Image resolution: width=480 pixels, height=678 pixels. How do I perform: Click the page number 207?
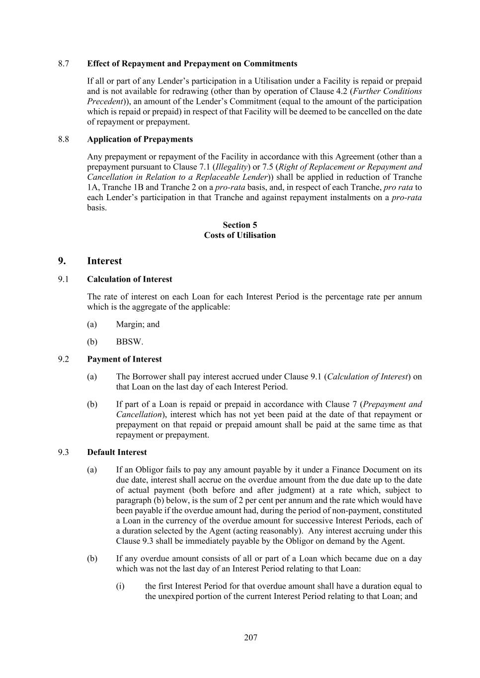(250, 637)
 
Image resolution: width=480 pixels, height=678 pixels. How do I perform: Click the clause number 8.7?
(63, 64)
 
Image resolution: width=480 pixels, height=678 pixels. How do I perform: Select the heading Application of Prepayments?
(140, 139)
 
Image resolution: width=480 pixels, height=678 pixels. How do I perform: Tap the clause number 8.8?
(63, 139)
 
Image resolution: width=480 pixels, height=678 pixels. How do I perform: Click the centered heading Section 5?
(240, 225)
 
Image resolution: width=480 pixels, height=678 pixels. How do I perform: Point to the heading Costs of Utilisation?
(240, 235)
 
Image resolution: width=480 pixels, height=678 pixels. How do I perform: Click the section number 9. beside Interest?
(62, 261)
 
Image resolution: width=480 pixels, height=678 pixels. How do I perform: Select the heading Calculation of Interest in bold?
(129, 279)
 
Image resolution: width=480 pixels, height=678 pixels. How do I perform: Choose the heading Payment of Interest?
(124, 359)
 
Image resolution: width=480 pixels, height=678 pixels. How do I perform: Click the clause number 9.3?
(63, 452)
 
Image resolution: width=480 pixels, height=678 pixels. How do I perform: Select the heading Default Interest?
(117, 452)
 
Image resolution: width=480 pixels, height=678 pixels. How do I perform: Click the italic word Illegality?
(230, 167)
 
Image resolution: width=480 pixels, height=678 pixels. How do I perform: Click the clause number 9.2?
(63, 359)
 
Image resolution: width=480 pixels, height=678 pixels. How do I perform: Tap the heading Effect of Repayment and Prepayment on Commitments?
(192, 64)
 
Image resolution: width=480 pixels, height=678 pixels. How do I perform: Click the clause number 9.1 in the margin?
(63, 279)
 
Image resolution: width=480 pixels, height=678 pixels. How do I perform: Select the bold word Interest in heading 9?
(104, 261)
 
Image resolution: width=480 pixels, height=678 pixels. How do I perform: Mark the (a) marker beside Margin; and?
(92, 324)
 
